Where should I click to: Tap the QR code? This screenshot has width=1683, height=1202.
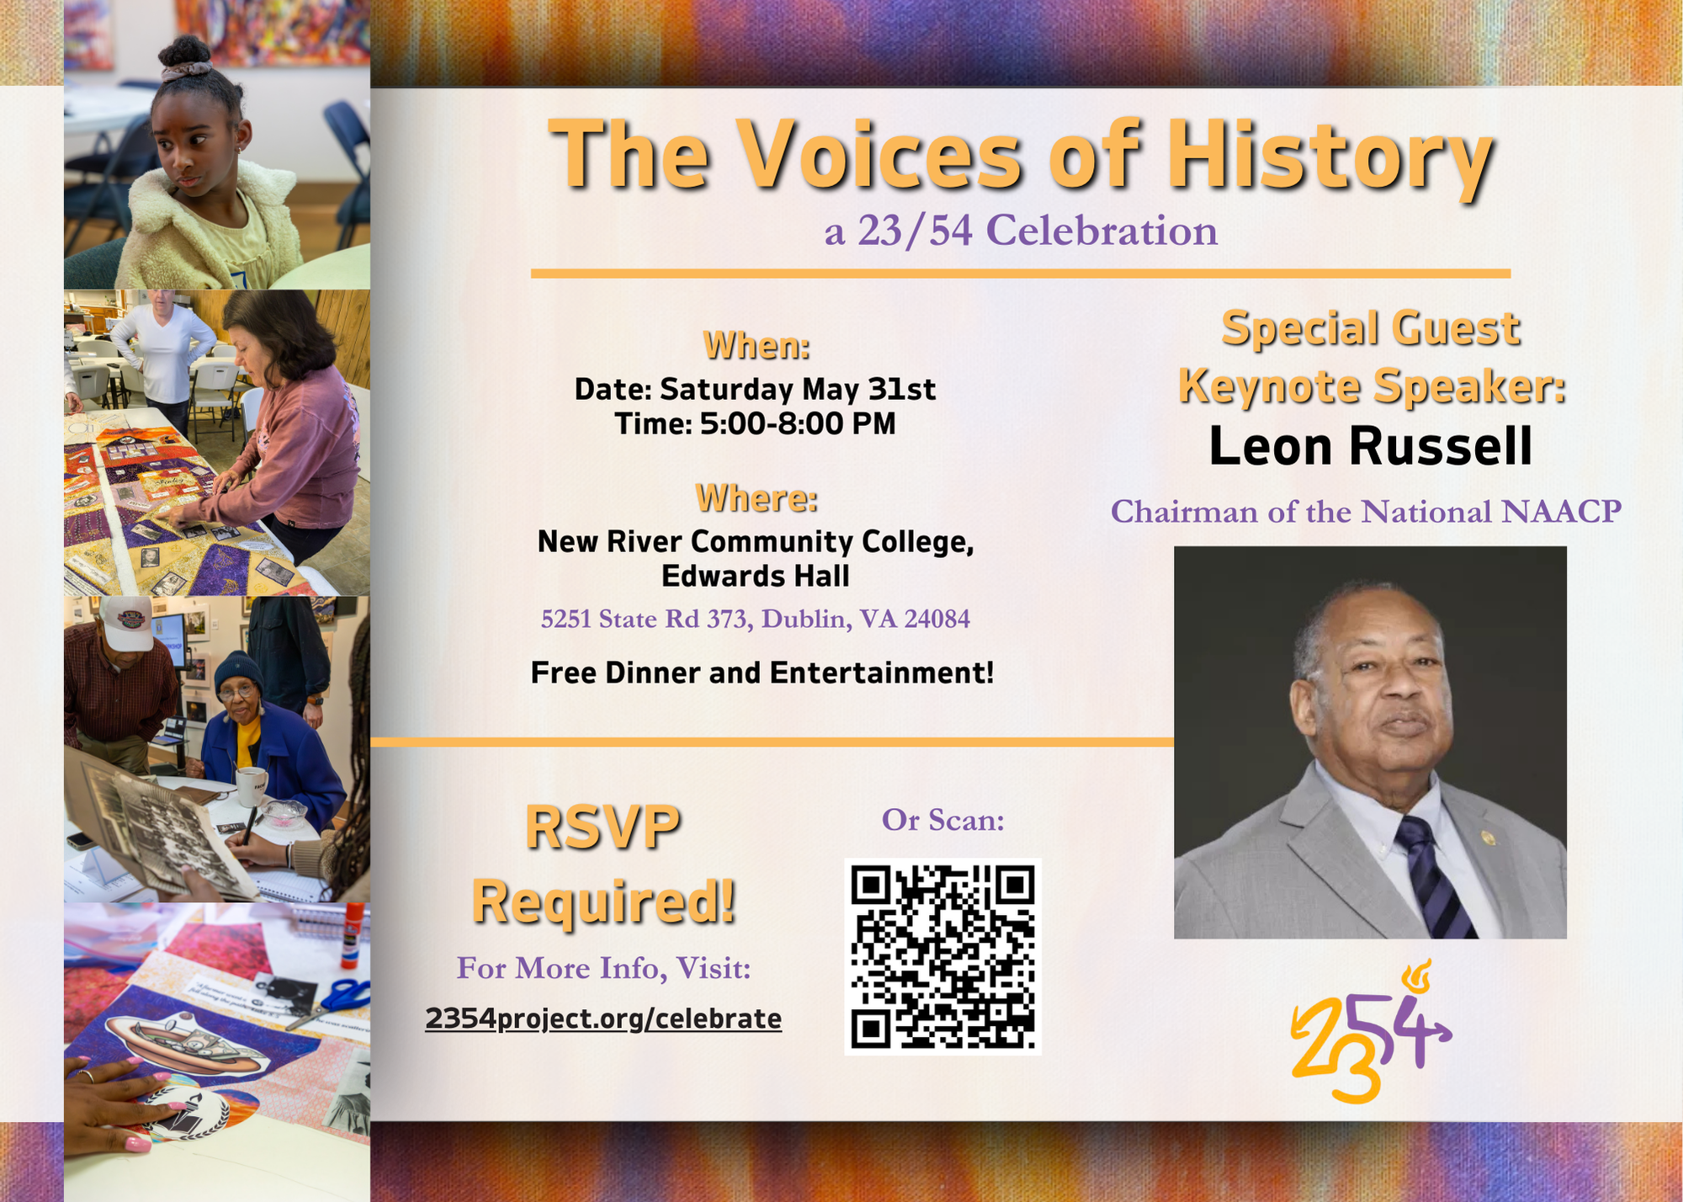click(942, 956)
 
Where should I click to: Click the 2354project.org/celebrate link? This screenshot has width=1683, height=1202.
click(603, 1019)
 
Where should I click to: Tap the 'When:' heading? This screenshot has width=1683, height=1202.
click(757, 346)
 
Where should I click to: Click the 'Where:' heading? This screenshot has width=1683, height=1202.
click(757, 498)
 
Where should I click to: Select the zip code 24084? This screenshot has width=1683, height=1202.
click(937, 620)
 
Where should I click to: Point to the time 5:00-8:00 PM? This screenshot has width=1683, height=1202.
click(797, 423)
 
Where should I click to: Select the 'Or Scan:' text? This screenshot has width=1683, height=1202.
click(943, 820)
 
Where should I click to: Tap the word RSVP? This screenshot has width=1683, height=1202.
click(603, 828)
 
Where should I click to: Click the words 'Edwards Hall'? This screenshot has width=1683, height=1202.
click(756, 577)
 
